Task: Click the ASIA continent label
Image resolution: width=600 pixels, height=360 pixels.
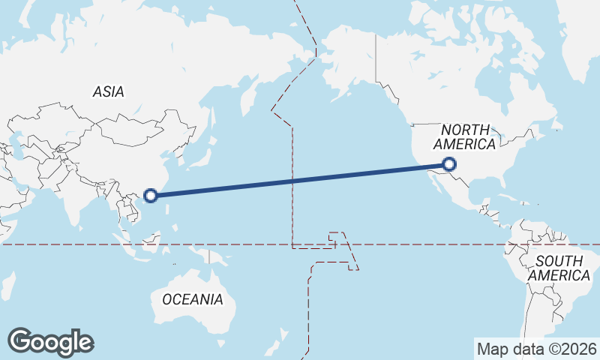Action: point(109,91)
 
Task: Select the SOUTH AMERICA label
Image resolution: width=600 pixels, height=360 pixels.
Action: point(559,268)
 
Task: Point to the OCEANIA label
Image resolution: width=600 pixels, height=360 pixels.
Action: point(193,299)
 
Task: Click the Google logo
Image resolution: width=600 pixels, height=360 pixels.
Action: point(50,341)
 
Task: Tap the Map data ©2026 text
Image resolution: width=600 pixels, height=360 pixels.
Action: point(536,349)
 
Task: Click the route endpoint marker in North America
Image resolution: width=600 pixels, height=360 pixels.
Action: point(449,164)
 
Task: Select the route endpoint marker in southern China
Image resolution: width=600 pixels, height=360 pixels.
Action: point(150,196)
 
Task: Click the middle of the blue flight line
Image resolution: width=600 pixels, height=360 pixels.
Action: point(300,180)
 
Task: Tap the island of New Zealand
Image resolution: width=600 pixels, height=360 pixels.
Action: point(283,334)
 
